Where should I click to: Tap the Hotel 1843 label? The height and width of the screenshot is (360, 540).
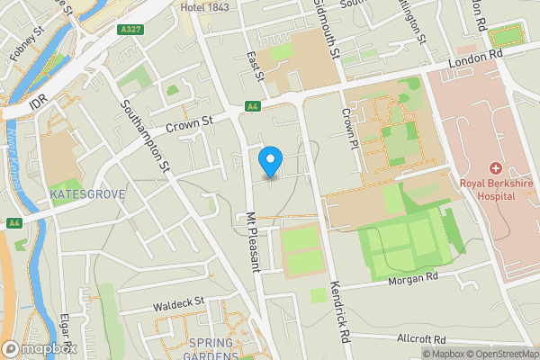204,7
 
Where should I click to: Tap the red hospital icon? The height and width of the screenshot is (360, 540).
494,168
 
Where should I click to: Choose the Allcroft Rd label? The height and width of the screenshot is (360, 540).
421,339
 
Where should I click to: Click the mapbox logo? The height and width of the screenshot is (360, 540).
39,348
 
